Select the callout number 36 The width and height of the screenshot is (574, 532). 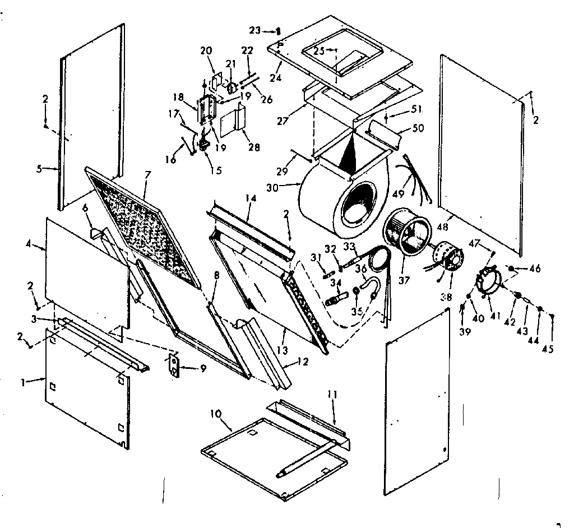click(x=360, y=269)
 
